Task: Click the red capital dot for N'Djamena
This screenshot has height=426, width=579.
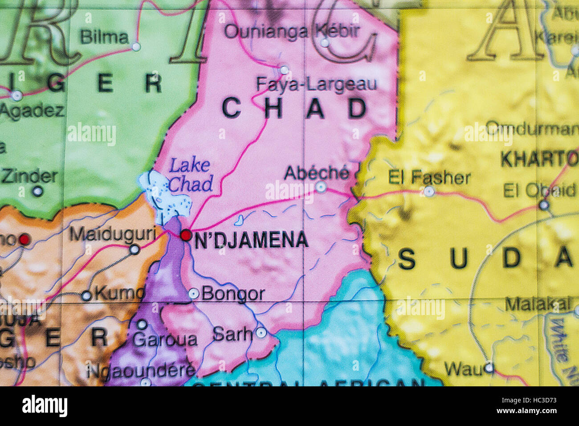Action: pyautogui.click(x=186, y=235)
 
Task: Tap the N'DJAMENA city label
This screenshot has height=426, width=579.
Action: pyautogui.click(x=252, y=240)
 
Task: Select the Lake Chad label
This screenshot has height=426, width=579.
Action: pyautogui.click(x=190, y=175)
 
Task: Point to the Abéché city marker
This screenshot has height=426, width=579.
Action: pyautogui.click(x=321, y=187)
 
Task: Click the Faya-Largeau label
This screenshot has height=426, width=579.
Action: pyautogui.click(x=317, y=84)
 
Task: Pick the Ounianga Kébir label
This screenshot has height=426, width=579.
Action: pyautogui.click(x=292, y=31)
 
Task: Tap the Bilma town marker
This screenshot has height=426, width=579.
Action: pyautogui.click(x=136, y=46)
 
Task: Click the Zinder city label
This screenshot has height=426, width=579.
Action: pyautogui.click(x=29, y=176)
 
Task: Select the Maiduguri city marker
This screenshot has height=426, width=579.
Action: pyautogui.click(x=135, y=250)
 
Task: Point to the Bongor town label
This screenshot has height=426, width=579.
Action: pyautogui.click(x=233, y=294)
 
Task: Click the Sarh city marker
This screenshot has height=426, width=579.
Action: pyautogui.click(x=261, y=332)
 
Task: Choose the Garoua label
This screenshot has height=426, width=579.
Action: pyautogui.click(x=165, y=340)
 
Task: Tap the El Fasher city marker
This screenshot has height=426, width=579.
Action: pyautogui.click(x=429, y=192)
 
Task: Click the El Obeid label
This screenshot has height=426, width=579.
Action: pyautogui.click(x=539, y=190)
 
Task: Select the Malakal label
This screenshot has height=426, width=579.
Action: pyautogui.click(x=538, y=305)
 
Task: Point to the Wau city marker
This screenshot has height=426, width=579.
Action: pyautogui.click(x=489, y=368)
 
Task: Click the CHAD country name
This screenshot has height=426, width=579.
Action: pyautogui.click(x=294, y=108)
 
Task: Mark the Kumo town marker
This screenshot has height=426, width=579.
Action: pyautogui.click(x=86, y=295)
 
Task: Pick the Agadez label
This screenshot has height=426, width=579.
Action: pyautogui.click(x=32, y=111)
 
